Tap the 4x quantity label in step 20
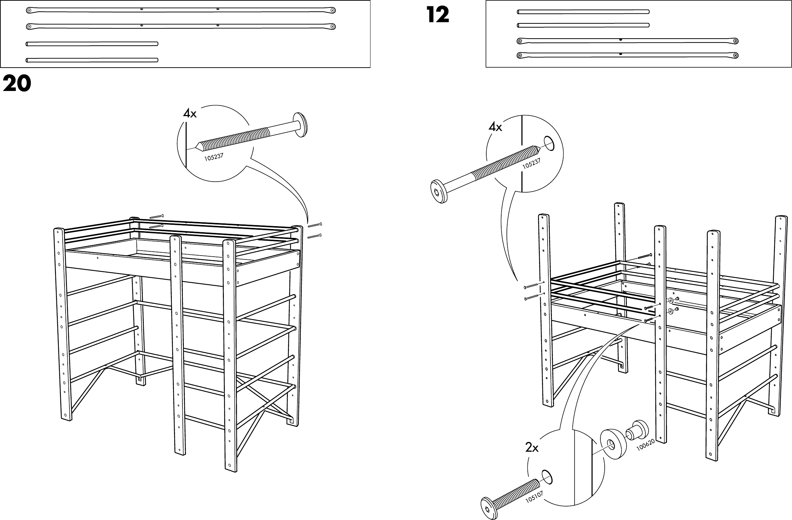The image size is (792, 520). point(189,114)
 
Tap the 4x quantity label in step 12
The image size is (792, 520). point(495,127)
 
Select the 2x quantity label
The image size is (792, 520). point(532,448)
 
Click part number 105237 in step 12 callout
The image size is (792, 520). point(532,164)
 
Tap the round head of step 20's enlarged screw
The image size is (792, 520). point(300,125)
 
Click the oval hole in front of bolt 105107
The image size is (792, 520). point(546,477)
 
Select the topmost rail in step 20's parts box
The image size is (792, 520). point(181,10)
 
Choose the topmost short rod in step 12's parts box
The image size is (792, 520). point(583,12)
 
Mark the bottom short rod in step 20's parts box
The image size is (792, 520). point(92,60)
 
